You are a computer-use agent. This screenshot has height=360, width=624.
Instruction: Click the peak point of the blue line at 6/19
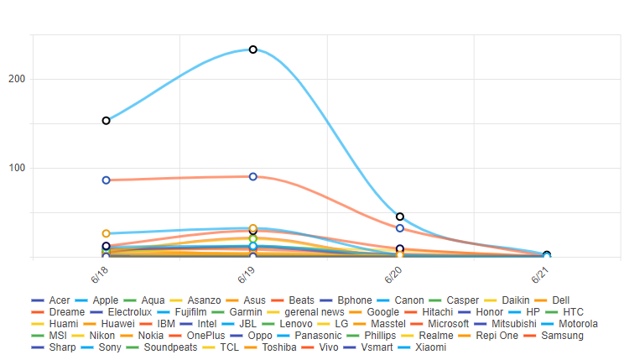click(252, 50)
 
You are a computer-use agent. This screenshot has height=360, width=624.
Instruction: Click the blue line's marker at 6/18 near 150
click(107, 121)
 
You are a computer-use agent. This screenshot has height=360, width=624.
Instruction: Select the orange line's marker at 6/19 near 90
click(252, 176)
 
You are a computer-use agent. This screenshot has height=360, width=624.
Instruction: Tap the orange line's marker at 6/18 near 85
click(107, 180)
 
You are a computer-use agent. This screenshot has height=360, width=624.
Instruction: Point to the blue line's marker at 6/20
click(400, 217)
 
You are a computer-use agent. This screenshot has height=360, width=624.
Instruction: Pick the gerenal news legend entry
click(315, 312)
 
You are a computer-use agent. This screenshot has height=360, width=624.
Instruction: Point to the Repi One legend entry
click(497, 336)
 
